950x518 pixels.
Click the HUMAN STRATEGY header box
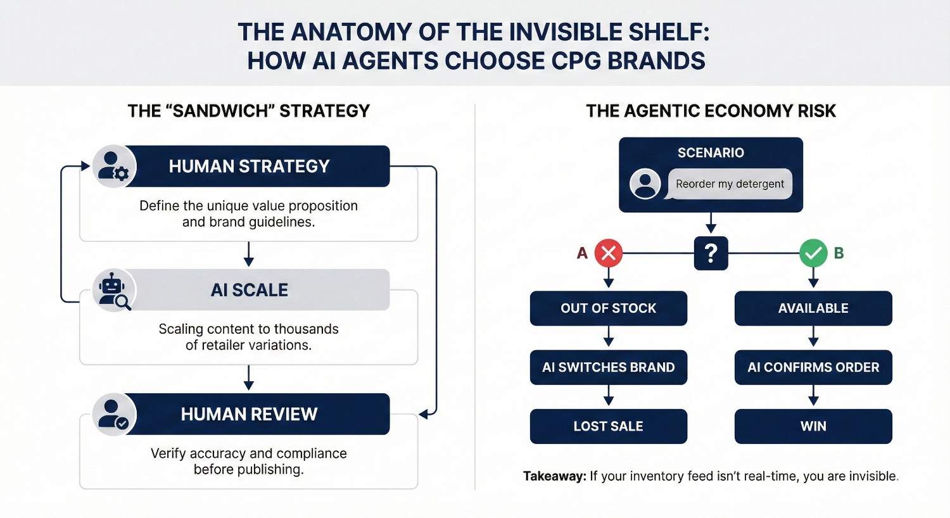(x=249, y=166)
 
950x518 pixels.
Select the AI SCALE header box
(x=249, y=290)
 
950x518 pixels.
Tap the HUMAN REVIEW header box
(x=249, y=414)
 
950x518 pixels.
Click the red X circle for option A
(x=608, y=253)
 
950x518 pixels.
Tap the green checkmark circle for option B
(x=813, y=253)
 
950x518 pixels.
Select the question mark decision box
(x=711, y=253)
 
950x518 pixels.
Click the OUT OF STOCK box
(x=608, y=308)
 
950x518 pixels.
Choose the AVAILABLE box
(x=813, y=308)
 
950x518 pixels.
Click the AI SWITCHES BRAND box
(x=608, y=367)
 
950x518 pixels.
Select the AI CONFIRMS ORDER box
(x=813, y=367)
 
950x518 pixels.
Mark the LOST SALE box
(x=608, y=426)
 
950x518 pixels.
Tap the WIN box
(x=813, y=426)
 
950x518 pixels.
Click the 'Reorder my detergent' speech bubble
(x=730, y=184)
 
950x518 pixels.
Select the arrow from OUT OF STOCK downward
(x=609, y=337)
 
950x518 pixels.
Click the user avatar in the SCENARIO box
(x=645, y=184)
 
